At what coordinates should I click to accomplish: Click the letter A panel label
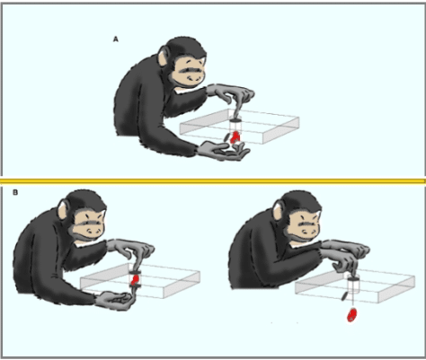(116, 40)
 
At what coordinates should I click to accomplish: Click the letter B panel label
(15, 193)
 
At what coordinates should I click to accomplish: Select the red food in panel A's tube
(235, 137)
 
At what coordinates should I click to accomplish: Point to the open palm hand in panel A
(224, 151)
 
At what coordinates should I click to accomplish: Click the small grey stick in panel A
(227, 137)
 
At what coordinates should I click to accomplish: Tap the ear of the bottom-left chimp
(62, 210)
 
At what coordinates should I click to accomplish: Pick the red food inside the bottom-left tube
(136, 279)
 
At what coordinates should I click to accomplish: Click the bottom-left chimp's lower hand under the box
(114, 301)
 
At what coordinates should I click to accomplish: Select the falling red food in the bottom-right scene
(351, 315)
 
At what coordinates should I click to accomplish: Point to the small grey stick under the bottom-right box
(344, 295)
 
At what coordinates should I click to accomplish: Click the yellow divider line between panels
(213, 180)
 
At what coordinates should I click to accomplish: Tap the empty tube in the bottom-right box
(353, 285)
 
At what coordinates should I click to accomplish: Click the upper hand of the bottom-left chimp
(133, 249)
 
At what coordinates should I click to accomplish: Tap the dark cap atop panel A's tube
(235, 120)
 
